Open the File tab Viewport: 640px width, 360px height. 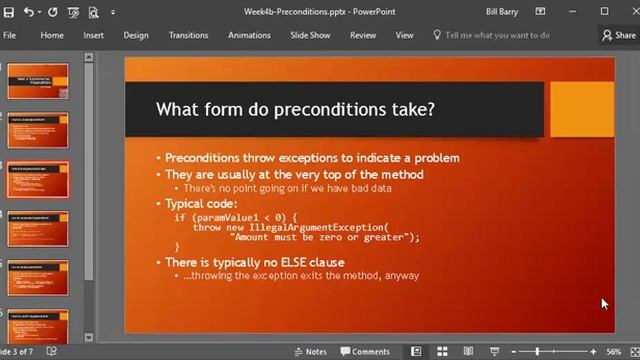[9, 35]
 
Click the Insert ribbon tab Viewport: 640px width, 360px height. [93, 35]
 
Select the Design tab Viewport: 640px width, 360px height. [136, 35]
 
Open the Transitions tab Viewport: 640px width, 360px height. [188, 35]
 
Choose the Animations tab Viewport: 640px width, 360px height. [249, 35]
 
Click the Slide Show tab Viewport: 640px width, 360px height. [310, 35]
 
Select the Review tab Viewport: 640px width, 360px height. [363, 35]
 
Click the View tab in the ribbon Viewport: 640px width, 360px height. [404, 35]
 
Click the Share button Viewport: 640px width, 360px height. [620, 35]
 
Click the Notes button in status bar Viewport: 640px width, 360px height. [310, 352]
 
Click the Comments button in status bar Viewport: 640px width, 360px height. [365, 352]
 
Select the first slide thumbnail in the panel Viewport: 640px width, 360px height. [38, 81]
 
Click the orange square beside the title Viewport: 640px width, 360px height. [582, 108]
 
